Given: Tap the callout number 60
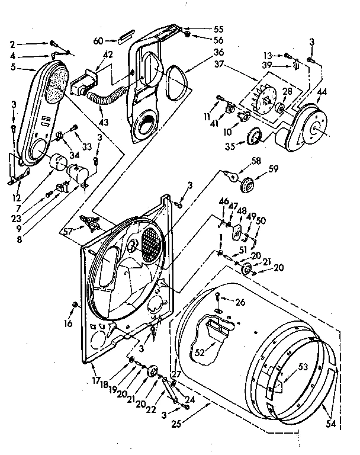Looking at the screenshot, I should point(98,41).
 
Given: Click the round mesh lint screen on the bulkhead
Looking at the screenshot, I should point(149,241).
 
